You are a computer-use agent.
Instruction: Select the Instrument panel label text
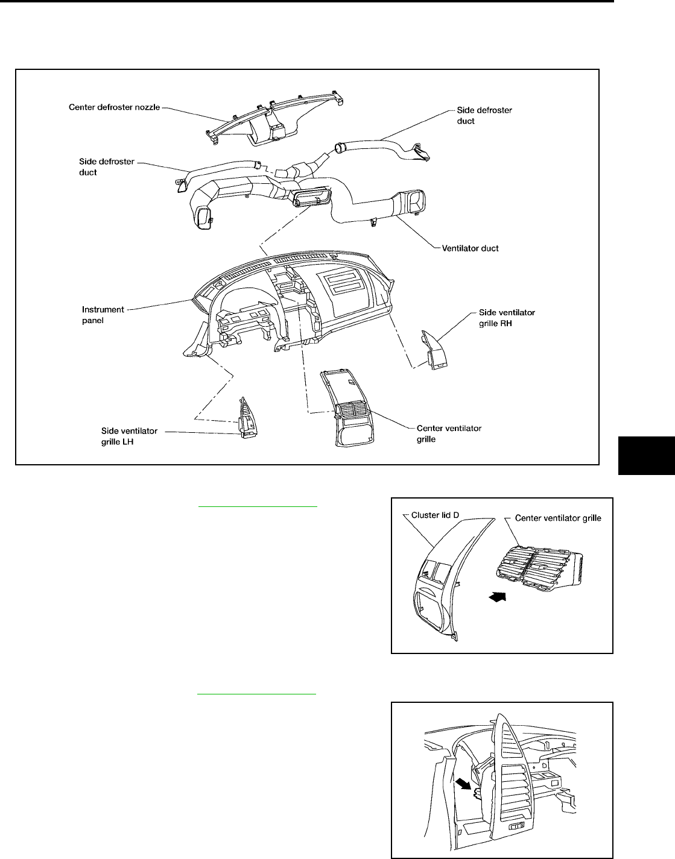coord(103,315)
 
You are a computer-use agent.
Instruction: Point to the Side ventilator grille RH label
coord(507,317)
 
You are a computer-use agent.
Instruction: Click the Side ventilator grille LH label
coord(129,435)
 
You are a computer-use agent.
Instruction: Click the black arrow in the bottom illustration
coord(463,784)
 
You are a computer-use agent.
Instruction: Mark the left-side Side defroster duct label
coord(107,167)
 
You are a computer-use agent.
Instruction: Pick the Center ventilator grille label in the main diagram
coord(449,433)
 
